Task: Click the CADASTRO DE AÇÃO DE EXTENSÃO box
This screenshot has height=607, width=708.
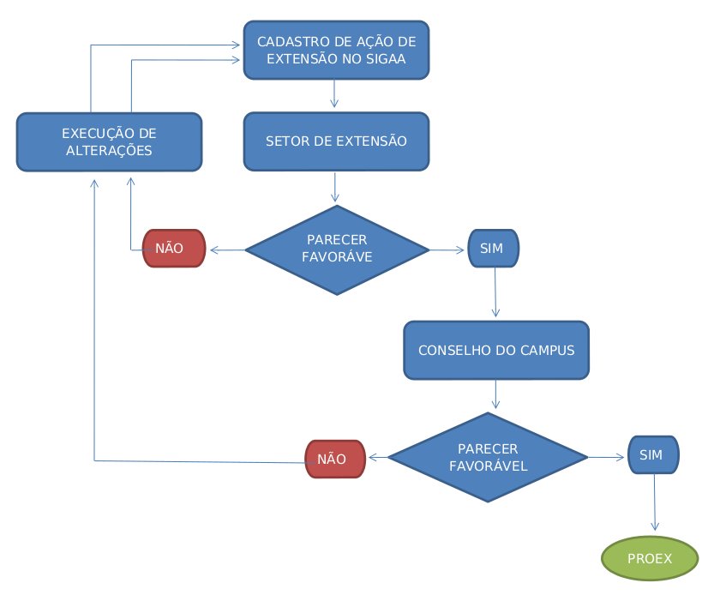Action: pos(336,51)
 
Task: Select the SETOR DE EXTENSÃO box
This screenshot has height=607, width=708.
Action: pos(336,141)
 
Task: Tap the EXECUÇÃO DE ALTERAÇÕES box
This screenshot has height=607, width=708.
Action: pos(109,142)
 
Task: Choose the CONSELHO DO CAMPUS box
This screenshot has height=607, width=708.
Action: pos(496,351)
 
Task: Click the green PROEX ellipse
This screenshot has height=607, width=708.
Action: pos(650,559)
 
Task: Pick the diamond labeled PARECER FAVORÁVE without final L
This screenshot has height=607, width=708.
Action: pos(337,249)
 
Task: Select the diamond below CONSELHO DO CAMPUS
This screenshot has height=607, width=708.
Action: pos(488,458)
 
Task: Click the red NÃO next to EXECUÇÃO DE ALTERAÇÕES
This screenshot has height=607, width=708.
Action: pos(173,249)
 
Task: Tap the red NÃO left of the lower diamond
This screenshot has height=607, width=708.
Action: pos(335,459)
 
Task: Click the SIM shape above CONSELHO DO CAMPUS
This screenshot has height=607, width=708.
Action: pos(493,249)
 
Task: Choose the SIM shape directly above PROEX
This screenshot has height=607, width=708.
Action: pos(652,455)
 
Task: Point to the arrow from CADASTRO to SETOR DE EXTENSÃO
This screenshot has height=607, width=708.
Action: pos(334,93)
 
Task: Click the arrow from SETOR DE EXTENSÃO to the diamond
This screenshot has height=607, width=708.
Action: pos(334,188)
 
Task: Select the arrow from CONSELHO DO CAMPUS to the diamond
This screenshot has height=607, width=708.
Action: pos(495,394)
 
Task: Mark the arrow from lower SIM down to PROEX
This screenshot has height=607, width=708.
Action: pos(655,503)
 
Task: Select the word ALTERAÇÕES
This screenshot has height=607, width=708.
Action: pos(109,151)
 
